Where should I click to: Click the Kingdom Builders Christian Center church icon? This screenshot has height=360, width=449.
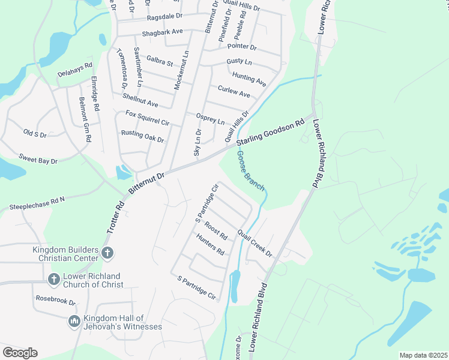coord(107,252)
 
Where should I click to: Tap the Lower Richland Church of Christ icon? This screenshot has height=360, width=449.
coord(53,280)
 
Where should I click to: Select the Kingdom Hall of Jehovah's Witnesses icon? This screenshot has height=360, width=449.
coord(74,322)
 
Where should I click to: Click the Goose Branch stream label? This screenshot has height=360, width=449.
coord(251,171)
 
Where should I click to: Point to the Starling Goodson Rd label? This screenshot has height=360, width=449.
coord(271,135)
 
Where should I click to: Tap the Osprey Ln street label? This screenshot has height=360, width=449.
coord(210,118)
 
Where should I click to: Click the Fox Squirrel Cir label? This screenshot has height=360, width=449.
coord(148,118)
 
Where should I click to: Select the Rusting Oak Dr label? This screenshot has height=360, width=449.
coord(142,136)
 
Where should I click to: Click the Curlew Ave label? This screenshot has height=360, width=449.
coord(234,91)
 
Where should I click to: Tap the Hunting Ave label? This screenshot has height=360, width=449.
coord(249,78)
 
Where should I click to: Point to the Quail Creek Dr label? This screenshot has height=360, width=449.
coord(255,243)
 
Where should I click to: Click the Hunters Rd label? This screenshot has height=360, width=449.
coord(209,244)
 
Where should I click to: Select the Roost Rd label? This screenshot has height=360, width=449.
coord(215,230)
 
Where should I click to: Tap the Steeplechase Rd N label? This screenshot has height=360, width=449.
coord(37,203)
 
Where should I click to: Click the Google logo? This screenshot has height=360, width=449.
coord(20,353)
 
